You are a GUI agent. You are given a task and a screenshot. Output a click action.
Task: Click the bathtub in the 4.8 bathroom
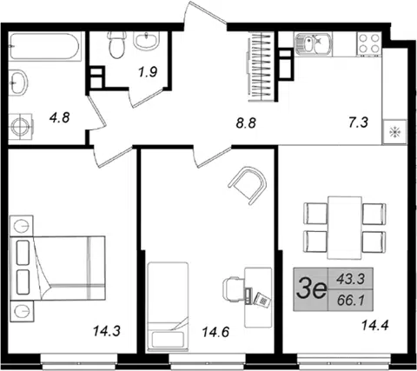(44, 46)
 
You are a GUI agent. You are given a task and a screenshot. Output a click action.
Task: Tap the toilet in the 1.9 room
(116, 44)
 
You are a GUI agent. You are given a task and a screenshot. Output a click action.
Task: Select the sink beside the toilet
(147, 41)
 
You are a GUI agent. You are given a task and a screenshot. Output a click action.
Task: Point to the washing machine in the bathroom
(20, 127)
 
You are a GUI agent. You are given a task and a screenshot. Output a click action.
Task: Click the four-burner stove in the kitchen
(369, 43)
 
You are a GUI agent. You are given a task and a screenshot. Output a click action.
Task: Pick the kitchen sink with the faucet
(314, 43)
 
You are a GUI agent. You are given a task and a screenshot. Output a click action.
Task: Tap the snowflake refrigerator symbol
(394, 132)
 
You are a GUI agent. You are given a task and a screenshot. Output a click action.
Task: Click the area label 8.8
(246, 123)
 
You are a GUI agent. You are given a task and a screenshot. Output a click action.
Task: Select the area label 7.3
(359, 123)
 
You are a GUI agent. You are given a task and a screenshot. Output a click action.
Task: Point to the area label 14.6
(215, 332)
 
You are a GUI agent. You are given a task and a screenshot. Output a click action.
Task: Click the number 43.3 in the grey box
(350, 280)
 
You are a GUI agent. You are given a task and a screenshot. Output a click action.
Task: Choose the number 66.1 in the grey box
(350, 301)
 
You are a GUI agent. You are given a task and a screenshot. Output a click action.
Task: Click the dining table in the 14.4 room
(345, 228)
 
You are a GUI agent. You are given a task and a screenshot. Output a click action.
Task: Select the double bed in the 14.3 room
(57, 268)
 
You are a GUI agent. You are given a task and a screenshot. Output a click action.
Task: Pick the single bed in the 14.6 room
(168, 307)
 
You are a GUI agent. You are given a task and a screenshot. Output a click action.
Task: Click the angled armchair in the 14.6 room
(248, 185)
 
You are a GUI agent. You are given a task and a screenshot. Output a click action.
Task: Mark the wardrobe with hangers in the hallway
(261, 66)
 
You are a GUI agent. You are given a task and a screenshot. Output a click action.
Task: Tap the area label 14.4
(374, 325)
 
